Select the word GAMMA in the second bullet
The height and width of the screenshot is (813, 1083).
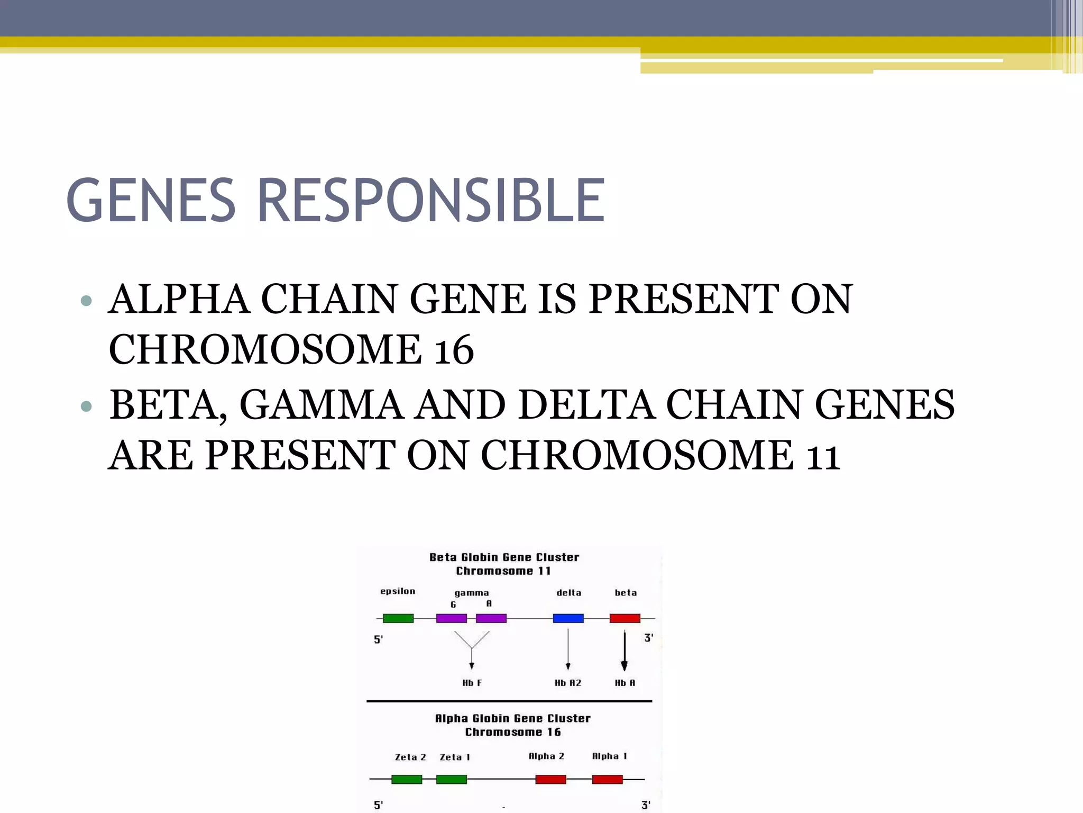(x=322, y=405)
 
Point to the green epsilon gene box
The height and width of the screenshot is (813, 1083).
(x=398, y=618)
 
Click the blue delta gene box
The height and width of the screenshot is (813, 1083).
(x=568, y=618)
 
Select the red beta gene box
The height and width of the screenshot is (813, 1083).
(x=625, y=618)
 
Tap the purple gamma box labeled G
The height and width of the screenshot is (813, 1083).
(x=451, y=618)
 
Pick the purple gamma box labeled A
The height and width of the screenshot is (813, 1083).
(x=491, y=618)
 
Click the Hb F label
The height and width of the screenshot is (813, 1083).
(x=472, y=683)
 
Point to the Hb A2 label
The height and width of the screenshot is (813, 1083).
(x=568, y=683)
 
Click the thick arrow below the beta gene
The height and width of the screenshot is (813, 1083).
(x=625, y=651)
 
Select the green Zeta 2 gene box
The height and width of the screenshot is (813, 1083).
(x=406, y=779)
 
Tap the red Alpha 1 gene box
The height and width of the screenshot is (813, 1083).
(x=607, y=779)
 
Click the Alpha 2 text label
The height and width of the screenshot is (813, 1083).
(x=546, y=756)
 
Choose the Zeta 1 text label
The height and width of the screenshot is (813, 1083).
(x=455, y=757)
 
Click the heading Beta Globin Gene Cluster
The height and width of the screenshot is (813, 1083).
(x=504, y=557)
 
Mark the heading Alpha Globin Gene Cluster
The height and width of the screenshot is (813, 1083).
(x=512, y=718)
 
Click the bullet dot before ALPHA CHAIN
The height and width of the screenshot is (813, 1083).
(x=86, y=301)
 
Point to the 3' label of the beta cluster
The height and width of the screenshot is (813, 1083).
(x=648, y=638)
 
